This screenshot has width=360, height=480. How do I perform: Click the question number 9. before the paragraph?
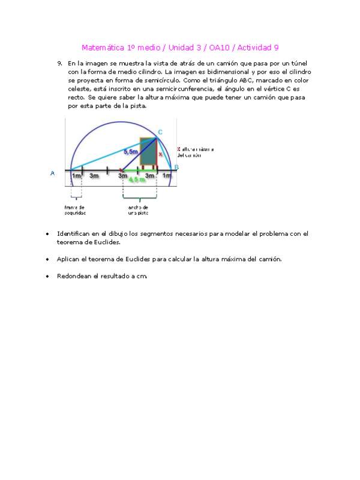60,63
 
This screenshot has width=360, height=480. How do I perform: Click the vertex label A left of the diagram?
53,173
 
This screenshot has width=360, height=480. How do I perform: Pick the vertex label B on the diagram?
176,167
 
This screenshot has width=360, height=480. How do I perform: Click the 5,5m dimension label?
130,152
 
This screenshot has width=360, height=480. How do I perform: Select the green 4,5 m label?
139,179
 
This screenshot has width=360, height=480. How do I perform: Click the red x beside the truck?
160,154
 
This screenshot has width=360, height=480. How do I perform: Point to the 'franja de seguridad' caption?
76,210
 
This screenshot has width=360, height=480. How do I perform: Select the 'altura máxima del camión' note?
195,152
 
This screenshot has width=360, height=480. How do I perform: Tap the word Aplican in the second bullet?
69,259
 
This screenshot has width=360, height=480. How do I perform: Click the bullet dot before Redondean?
47,277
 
